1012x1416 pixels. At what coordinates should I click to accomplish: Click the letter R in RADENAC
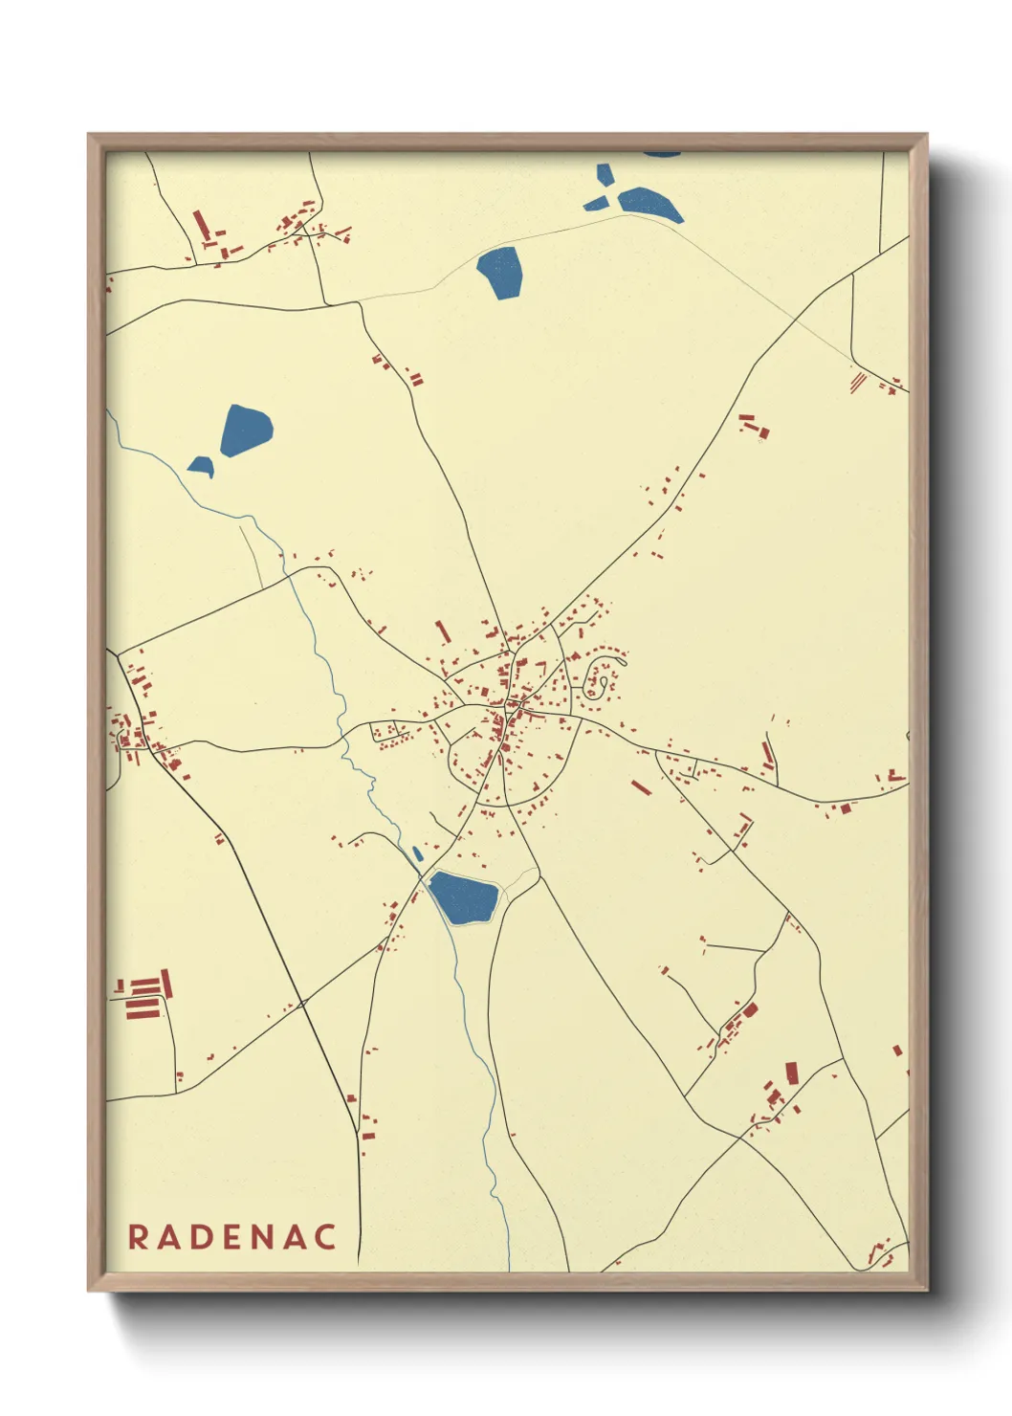tap(138, 1236)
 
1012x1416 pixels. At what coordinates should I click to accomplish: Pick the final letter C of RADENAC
tap(326, 1236)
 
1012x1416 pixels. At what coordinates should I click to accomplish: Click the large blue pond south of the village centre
tap(464, 897)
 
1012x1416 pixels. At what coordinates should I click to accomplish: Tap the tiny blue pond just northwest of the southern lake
tap(417, 852)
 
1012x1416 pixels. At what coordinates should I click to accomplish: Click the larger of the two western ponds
tap(246, 431)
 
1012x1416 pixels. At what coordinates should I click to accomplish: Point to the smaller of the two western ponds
tap(201, 466)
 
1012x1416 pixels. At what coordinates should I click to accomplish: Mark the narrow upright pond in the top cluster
tap(605, 175)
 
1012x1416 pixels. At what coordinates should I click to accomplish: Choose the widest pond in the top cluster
tap(649, 204)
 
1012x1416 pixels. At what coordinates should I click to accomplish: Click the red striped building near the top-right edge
tap(858, 380)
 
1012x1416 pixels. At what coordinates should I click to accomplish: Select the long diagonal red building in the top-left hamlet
tap(201, 224)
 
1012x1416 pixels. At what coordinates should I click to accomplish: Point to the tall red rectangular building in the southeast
tap(791, 1073)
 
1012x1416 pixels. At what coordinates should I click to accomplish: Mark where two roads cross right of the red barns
tap(301, 1004)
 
